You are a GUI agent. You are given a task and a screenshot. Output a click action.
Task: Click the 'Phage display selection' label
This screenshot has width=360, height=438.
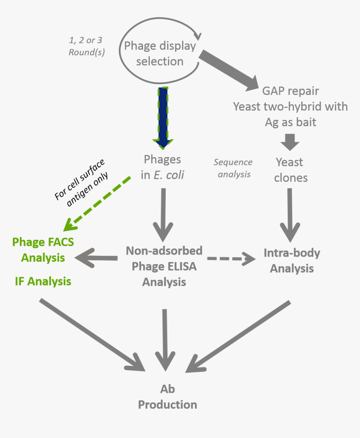[x=159, y=53]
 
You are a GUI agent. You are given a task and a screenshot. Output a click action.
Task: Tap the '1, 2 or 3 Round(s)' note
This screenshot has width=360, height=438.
[x=85, y=46]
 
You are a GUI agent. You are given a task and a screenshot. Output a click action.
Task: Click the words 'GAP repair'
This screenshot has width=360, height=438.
[x=291, y=90]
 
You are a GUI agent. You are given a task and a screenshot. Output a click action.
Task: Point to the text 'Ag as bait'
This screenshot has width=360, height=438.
[x=291, y=122]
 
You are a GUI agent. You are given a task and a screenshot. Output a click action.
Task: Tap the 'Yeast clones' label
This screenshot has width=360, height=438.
[x=290, y=170]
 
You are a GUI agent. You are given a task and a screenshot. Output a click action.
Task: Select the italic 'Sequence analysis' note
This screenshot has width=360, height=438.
[x=233, y=167]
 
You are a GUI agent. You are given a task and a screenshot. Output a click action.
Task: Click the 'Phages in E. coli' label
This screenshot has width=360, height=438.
[x=162, y=167]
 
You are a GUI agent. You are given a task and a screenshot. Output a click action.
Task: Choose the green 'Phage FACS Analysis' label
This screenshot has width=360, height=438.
[x=43, y=250]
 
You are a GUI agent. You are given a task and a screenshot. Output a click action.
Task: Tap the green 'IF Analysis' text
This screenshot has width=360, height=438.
[x=43, y=281]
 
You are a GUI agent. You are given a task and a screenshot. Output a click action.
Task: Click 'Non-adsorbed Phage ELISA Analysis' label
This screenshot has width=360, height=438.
[x=164, y=266]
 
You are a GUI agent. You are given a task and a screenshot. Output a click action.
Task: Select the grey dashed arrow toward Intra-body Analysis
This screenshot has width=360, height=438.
[x=231, y=259]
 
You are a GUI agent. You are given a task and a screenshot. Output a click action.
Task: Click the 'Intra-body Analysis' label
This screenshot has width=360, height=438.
[x=291, y=260]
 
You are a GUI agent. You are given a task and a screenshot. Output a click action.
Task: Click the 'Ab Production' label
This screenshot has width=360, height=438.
[x=167, y=397]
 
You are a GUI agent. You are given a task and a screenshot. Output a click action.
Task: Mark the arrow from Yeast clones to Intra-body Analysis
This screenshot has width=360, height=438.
[x=289, y=214]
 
